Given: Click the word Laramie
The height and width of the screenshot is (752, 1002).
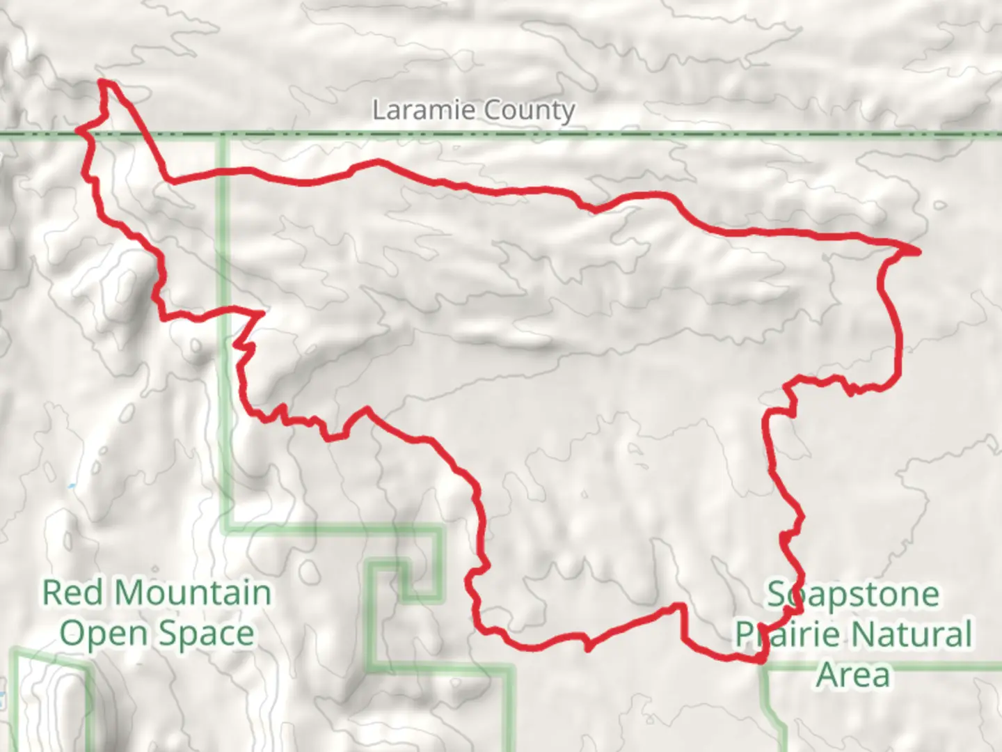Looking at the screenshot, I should (424, 110).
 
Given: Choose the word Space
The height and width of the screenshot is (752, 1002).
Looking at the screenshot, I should (207, 634).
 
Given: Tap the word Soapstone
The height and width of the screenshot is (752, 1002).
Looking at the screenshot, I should (853, 595).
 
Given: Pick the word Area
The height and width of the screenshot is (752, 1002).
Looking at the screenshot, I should (852, 674).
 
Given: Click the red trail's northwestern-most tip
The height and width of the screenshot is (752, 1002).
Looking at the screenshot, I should (103, 82).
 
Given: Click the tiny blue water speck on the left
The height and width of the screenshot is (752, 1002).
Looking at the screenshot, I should (72, 485).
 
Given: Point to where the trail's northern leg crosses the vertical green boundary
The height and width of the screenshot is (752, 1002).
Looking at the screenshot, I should (224, 171).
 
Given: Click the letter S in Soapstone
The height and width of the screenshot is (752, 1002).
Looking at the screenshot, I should (777, 595).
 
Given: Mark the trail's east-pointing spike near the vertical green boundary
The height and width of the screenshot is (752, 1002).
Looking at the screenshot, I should (262, 315).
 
